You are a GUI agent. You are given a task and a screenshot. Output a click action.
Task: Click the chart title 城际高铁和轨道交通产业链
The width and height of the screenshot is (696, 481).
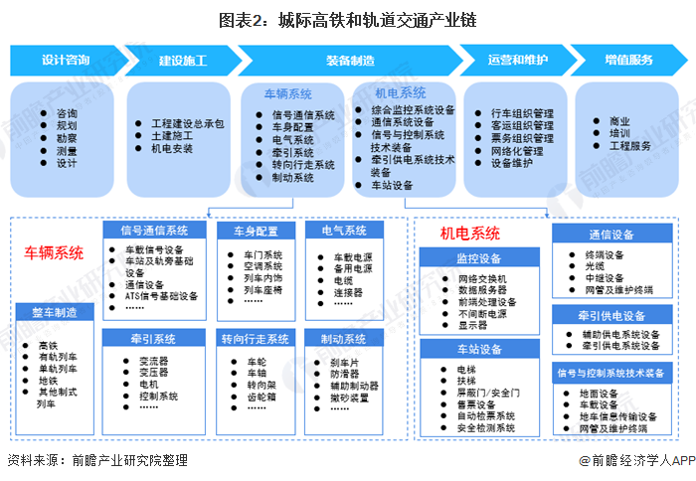[377, 21]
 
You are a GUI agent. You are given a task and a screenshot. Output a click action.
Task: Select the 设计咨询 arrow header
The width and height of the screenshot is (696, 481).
[67, 60]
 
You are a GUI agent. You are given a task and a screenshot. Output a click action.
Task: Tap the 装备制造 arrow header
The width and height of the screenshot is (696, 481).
[351, 60]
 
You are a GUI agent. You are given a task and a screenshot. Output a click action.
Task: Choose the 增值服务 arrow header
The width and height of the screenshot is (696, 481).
[628, 60]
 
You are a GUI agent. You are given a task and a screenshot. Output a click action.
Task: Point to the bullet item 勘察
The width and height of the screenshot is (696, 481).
[67, 138]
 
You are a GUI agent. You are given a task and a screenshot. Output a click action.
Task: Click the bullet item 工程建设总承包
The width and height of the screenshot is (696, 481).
[187, 124]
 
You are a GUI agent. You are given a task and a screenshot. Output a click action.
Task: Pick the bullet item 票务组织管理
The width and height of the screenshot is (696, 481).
[522, 138]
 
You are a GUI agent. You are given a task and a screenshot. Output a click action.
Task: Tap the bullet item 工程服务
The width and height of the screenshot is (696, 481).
[630, 146]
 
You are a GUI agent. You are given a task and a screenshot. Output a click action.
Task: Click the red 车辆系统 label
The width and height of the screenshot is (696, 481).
[54, 253]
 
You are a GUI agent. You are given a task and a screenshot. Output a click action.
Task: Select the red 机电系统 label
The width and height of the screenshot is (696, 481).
[469, 234]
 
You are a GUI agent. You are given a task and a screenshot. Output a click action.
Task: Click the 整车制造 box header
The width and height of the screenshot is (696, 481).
[55, 313]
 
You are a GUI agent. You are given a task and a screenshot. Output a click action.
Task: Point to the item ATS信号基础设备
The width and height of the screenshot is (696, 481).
[161, 296]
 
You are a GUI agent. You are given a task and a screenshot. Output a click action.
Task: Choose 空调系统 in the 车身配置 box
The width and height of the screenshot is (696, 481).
[262, 266]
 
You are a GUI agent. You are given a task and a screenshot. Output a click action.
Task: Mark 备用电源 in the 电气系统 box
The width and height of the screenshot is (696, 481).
[353, 269]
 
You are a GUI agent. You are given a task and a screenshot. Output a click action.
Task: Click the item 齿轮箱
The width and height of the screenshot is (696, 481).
[261, 397]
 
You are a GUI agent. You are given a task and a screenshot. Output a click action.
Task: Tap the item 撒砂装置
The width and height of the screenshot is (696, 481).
[349, 398]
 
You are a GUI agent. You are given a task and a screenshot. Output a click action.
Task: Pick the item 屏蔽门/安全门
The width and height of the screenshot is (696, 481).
[488, 393]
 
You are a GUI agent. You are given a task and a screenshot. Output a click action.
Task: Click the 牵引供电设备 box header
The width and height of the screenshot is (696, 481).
[612, 316]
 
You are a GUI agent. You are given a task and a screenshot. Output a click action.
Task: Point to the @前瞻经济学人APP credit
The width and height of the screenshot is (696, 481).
[637, 460]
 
